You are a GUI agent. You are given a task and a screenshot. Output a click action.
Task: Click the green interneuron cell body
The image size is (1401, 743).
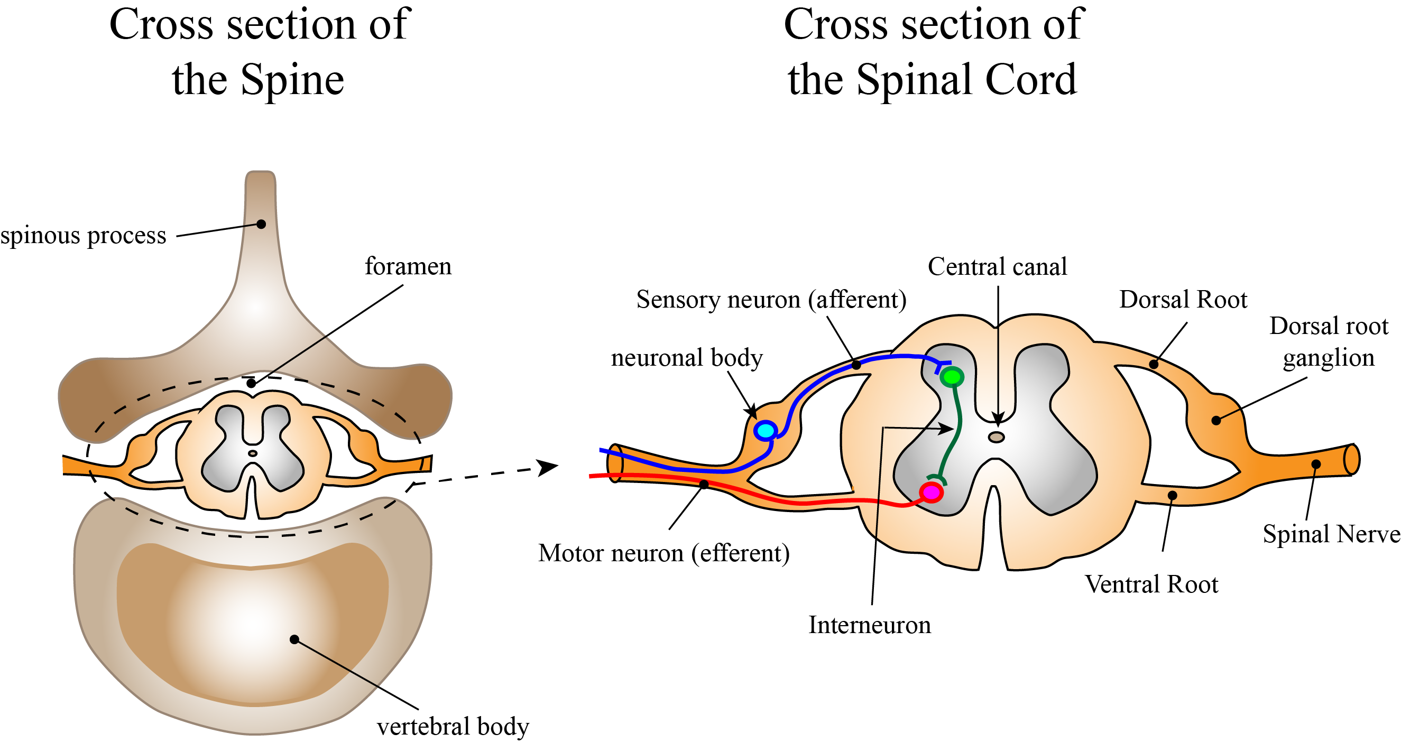pos(952,377)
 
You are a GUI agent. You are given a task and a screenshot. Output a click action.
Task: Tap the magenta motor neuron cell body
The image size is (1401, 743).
pos(931,492)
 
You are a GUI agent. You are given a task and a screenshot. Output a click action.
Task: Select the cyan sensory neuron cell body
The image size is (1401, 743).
pos(765,431)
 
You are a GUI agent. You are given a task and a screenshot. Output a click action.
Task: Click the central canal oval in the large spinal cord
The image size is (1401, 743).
pos(997,437)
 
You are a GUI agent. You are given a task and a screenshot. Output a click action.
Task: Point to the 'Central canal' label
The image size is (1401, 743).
pos(998,266)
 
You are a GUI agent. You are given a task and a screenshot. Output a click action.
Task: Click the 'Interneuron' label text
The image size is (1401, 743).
pos(870,625)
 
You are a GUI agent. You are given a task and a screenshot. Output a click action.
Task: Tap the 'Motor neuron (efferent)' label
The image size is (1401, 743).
pos(664,553)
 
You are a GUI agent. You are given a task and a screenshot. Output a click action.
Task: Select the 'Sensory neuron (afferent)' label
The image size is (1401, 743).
pos(771,300)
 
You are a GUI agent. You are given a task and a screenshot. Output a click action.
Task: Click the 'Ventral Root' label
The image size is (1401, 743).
pos(1151,584)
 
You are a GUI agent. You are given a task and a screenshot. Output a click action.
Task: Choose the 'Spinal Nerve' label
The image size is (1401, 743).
pos(1331,534)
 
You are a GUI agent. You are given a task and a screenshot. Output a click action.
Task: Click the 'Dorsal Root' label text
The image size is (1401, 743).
pos(1183,300)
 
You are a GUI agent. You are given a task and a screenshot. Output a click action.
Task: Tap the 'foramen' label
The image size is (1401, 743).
pos(408,266)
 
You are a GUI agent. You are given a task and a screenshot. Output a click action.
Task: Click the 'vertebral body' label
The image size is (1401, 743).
pos(453,727)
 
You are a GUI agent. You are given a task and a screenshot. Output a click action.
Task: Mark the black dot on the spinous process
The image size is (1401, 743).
pos(261,224)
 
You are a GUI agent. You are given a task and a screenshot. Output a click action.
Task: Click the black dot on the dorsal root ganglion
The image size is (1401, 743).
pos(1216,420)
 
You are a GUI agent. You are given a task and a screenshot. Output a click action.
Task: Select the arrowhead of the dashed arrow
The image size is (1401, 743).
pos(547,467)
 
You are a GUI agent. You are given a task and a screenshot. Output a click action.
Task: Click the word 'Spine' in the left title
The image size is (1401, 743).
pos(292,80)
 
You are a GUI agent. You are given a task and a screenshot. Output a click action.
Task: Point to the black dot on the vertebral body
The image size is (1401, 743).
pos(294,639)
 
